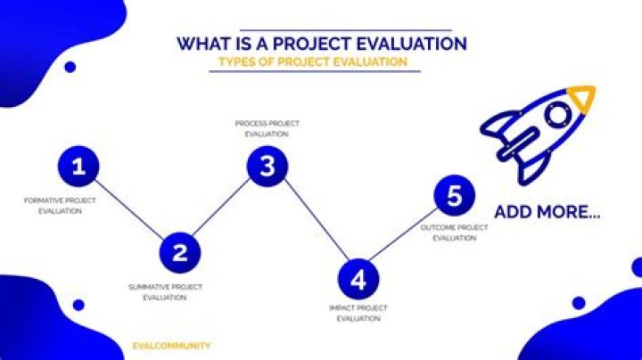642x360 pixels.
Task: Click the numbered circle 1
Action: (79, 167)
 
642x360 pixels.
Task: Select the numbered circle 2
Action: (179, 252)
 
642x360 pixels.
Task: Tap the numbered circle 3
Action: (267, 166)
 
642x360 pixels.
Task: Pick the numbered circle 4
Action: (358, 280)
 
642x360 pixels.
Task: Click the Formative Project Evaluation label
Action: (60, 206)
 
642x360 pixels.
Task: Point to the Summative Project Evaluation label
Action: (165, 292)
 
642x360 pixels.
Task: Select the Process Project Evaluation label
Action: (267, 128)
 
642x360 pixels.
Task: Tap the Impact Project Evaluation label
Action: (358, 313)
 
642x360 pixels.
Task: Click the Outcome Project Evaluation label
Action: (455, 233)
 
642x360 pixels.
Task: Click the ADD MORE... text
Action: (547, 214)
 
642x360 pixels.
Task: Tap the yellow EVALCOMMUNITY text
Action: (170, 346)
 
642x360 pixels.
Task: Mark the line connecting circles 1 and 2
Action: (129, 209)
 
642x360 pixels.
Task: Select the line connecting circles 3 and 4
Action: (312, 223)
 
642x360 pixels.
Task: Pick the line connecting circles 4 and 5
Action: (406, 238)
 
